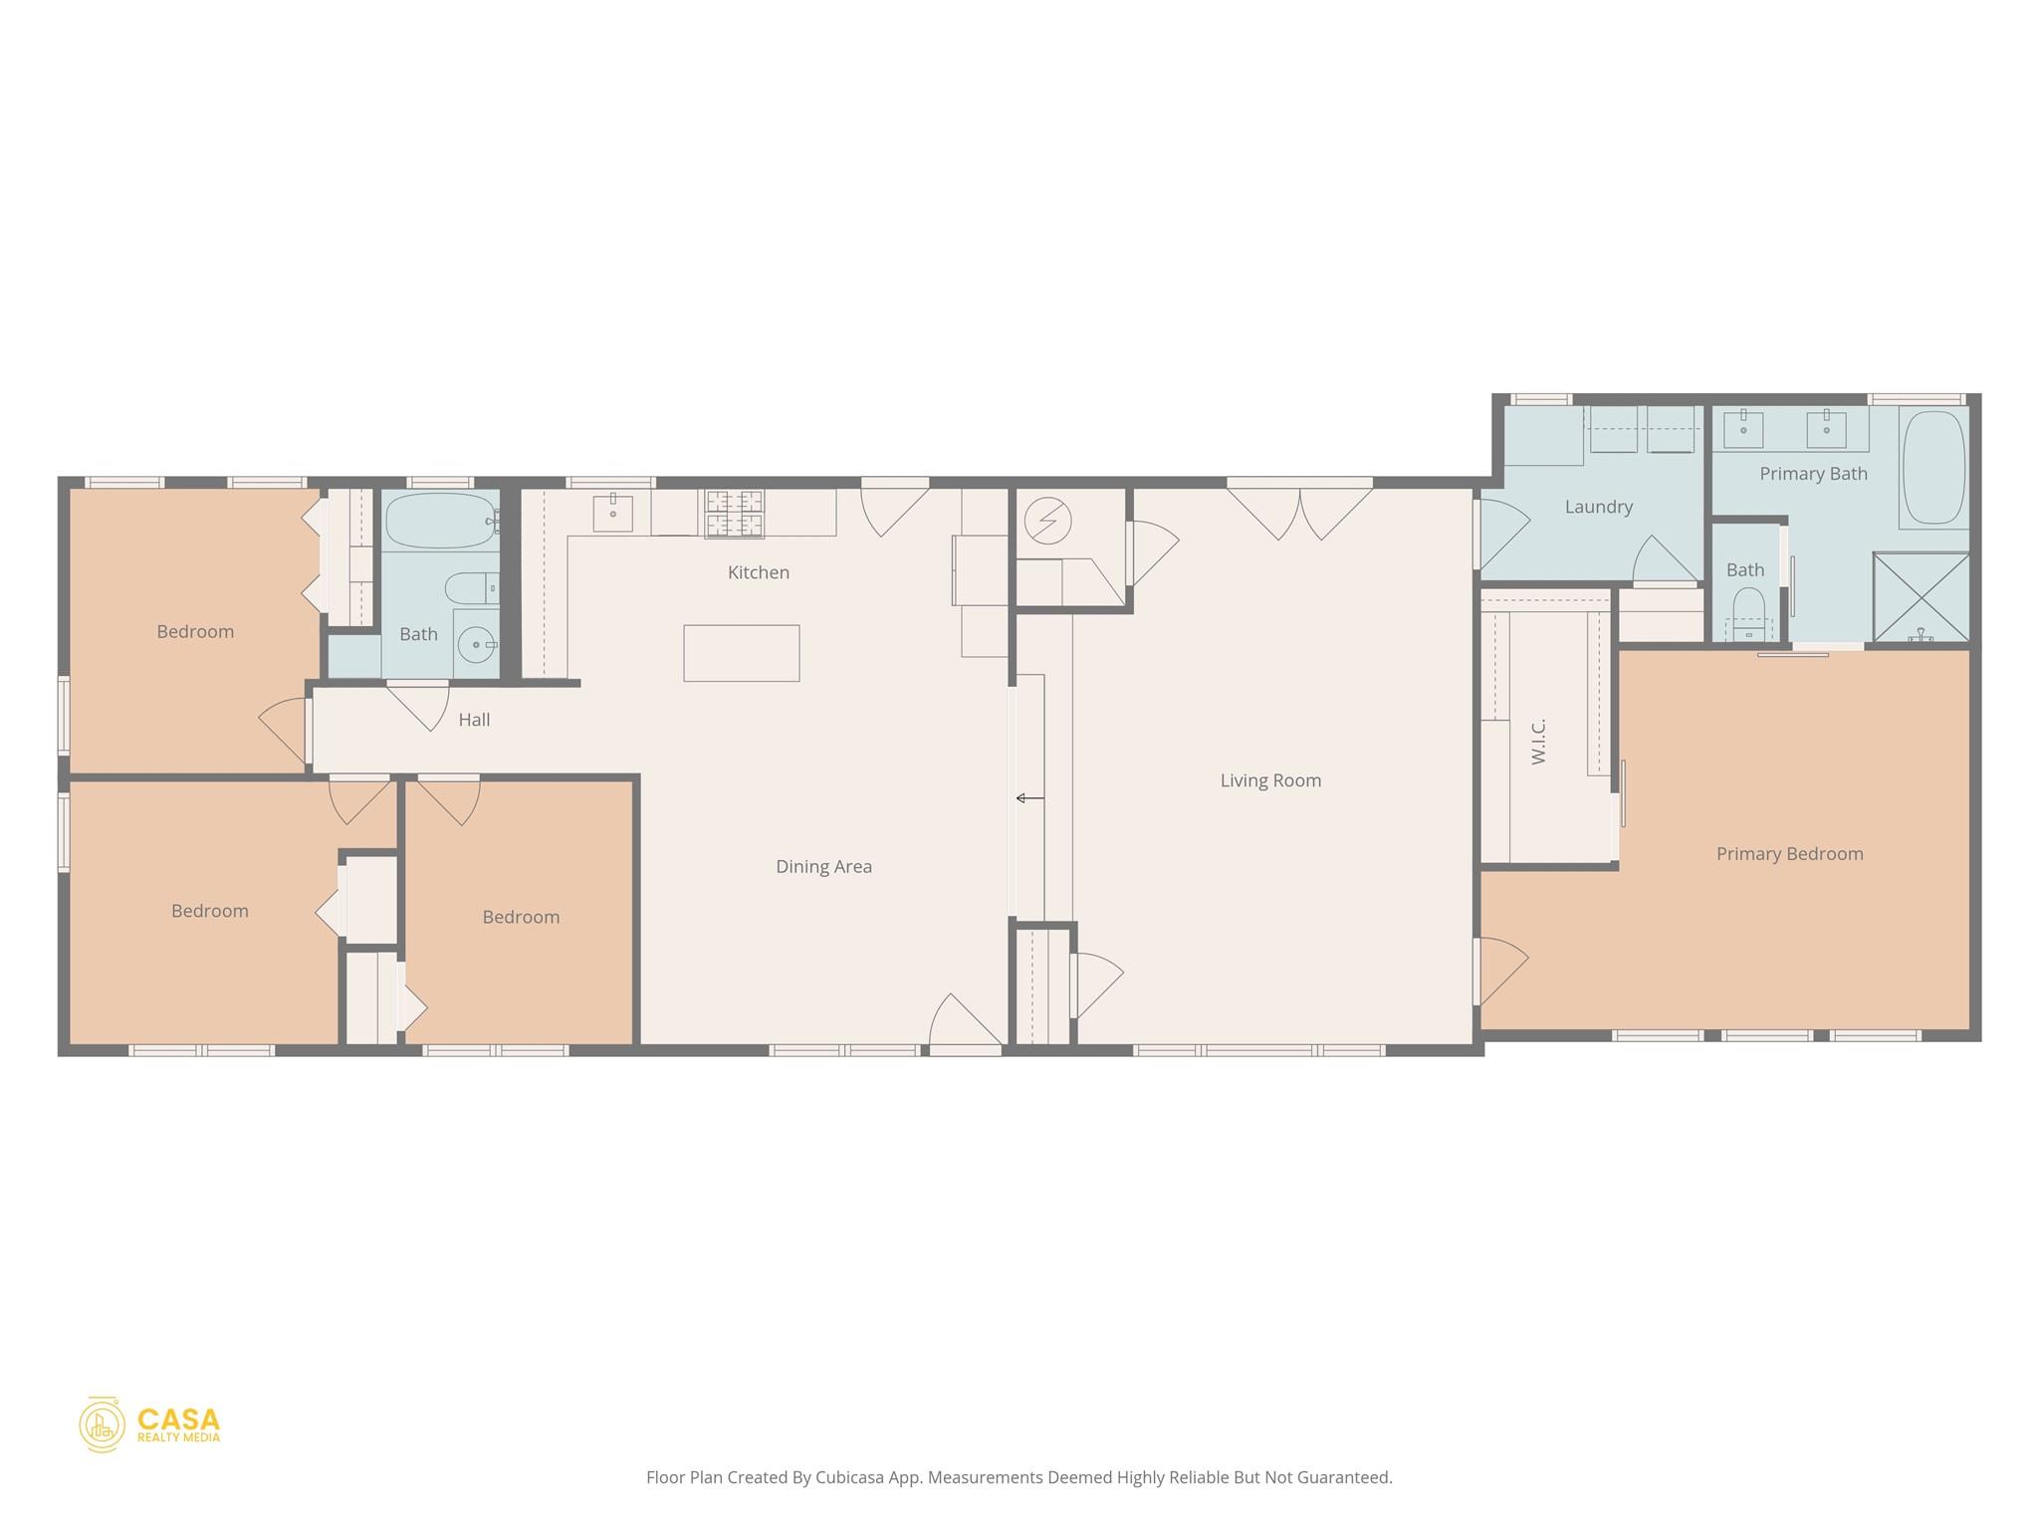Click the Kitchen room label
[x=758, y=572]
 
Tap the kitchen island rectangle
[x=741, y=653]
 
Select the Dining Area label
[x=823, y=867]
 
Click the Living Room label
[x=1270, y=780]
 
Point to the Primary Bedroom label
[x=1789, y=854]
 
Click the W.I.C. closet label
[x=1539, y=742]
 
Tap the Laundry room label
[x=1598, y=507]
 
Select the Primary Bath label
[x=1813, y=474]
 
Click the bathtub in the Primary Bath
[x=1933, y=468]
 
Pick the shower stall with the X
[x=1921, y=597]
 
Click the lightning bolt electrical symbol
[x=1047, y=521]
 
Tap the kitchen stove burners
[x=735, y=513]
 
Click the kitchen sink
[x=612, y=513]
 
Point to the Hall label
[x=474, y=720]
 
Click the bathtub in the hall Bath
[x=440, y=521]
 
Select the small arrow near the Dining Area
[x=1029, y=798]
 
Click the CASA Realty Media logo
[x=150, y=1424]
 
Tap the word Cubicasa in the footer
[x=853, y=1477]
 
